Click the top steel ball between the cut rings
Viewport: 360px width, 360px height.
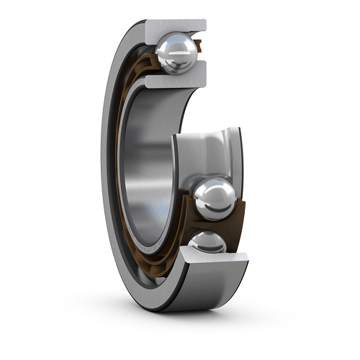176,53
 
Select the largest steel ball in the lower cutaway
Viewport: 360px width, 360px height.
215,199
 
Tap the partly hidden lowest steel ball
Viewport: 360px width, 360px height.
208,243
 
